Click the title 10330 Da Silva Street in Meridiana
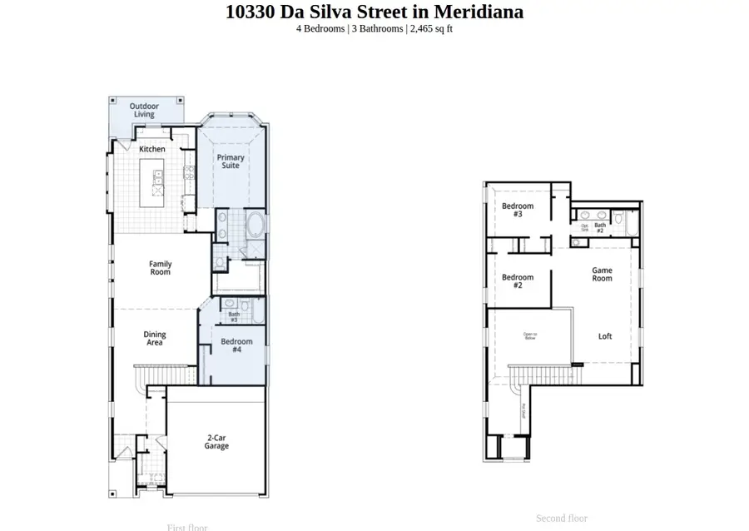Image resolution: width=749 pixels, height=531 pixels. click(x=374, y=12)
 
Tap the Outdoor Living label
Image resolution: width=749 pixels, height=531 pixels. click(x=144, y=110)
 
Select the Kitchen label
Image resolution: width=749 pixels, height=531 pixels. click(x=152, y=149)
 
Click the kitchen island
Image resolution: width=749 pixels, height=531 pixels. click(x=156, y=183)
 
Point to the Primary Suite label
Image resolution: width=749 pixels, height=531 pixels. click(x=231, y=161)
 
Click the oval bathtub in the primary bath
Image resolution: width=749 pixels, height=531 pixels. click(x=256, y=226)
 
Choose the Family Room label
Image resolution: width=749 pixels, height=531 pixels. click(x=161, y=268)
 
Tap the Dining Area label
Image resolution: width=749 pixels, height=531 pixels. click(x=155, y=338)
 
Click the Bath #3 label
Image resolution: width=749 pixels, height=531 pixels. click(x=234, y=316)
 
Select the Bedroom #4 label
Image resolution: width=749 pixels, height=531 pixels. click(x=236, y=345)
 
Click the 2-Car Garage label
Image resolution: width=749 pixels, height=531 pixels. click(x=216, y=441)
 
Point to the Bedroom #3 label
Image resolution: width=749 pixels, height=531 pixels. click(x=518, y=210)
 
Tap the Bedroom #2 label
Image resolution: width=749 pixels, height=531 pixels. click(x=518, y=281)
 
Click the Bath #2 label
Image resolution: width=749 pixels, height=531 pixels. click(x=599, y=226)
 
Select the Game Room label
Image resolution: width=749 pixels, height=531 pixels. click(x=602, y=274)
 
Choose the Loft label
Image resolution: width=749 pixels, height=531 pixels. click(x=605, y=336)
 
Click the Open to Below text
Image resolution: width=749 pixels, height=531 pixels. click(x=530, y=336)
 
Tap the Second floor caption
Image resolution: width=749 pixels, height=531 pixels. click(x=561, y=518)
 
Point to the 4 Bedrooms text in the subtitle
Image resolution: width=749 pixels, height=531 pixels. click(x=320, y=28)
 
